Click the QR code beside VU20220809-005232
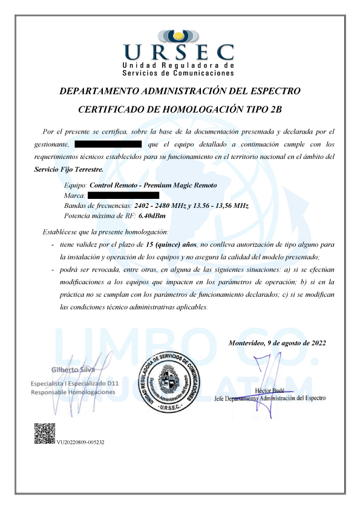44,434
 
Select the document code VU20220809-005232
81,443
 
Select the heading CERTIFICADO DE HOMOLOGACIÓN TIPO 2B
180,109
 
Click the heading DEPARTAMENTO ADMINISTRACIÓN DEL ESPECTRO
180,91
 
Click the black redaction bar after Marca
123,195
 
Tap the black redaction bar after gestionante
107,144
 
